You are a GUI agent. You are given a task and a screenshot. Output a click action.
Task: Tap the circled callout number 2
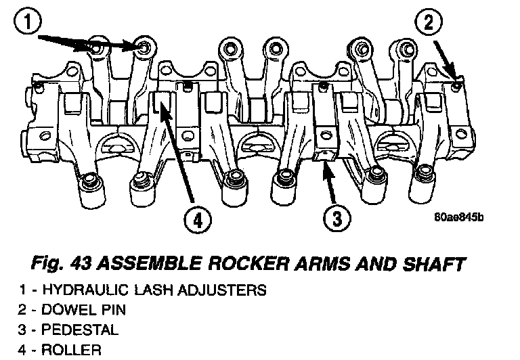pos(427,23)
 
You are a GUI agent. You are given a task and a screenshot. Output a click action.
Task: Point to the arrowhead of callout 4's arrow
pos(160,100)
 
